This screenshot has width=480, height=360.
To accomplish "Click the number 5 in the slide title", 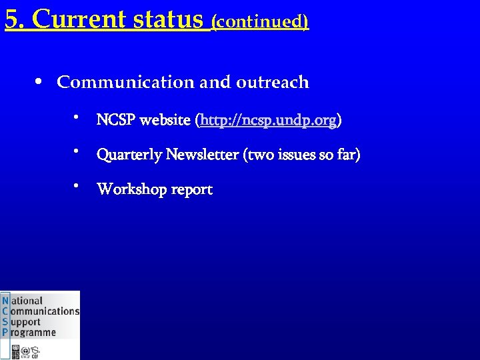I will point(11,19).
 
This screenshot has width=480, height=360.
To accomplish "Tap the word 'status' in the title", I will point(168,19).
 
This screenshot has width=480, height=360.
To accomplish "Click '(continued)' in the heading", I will point(259,21).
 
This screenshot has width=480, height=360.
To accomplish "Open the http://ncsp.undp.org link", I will point(268,121).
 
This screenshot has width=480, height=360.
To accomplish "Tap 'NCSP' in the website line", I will point(115,121).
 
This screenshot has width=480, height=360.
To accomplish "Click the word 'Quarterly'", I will point(129,155).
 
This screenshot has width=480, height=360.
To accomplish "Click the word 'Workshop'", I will point(132,189).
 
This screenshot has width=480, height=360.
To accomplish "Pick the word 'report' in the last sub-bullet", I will point(191,190).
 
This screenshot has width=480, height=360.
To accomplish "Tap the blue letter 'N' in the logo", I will point(5,301).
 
